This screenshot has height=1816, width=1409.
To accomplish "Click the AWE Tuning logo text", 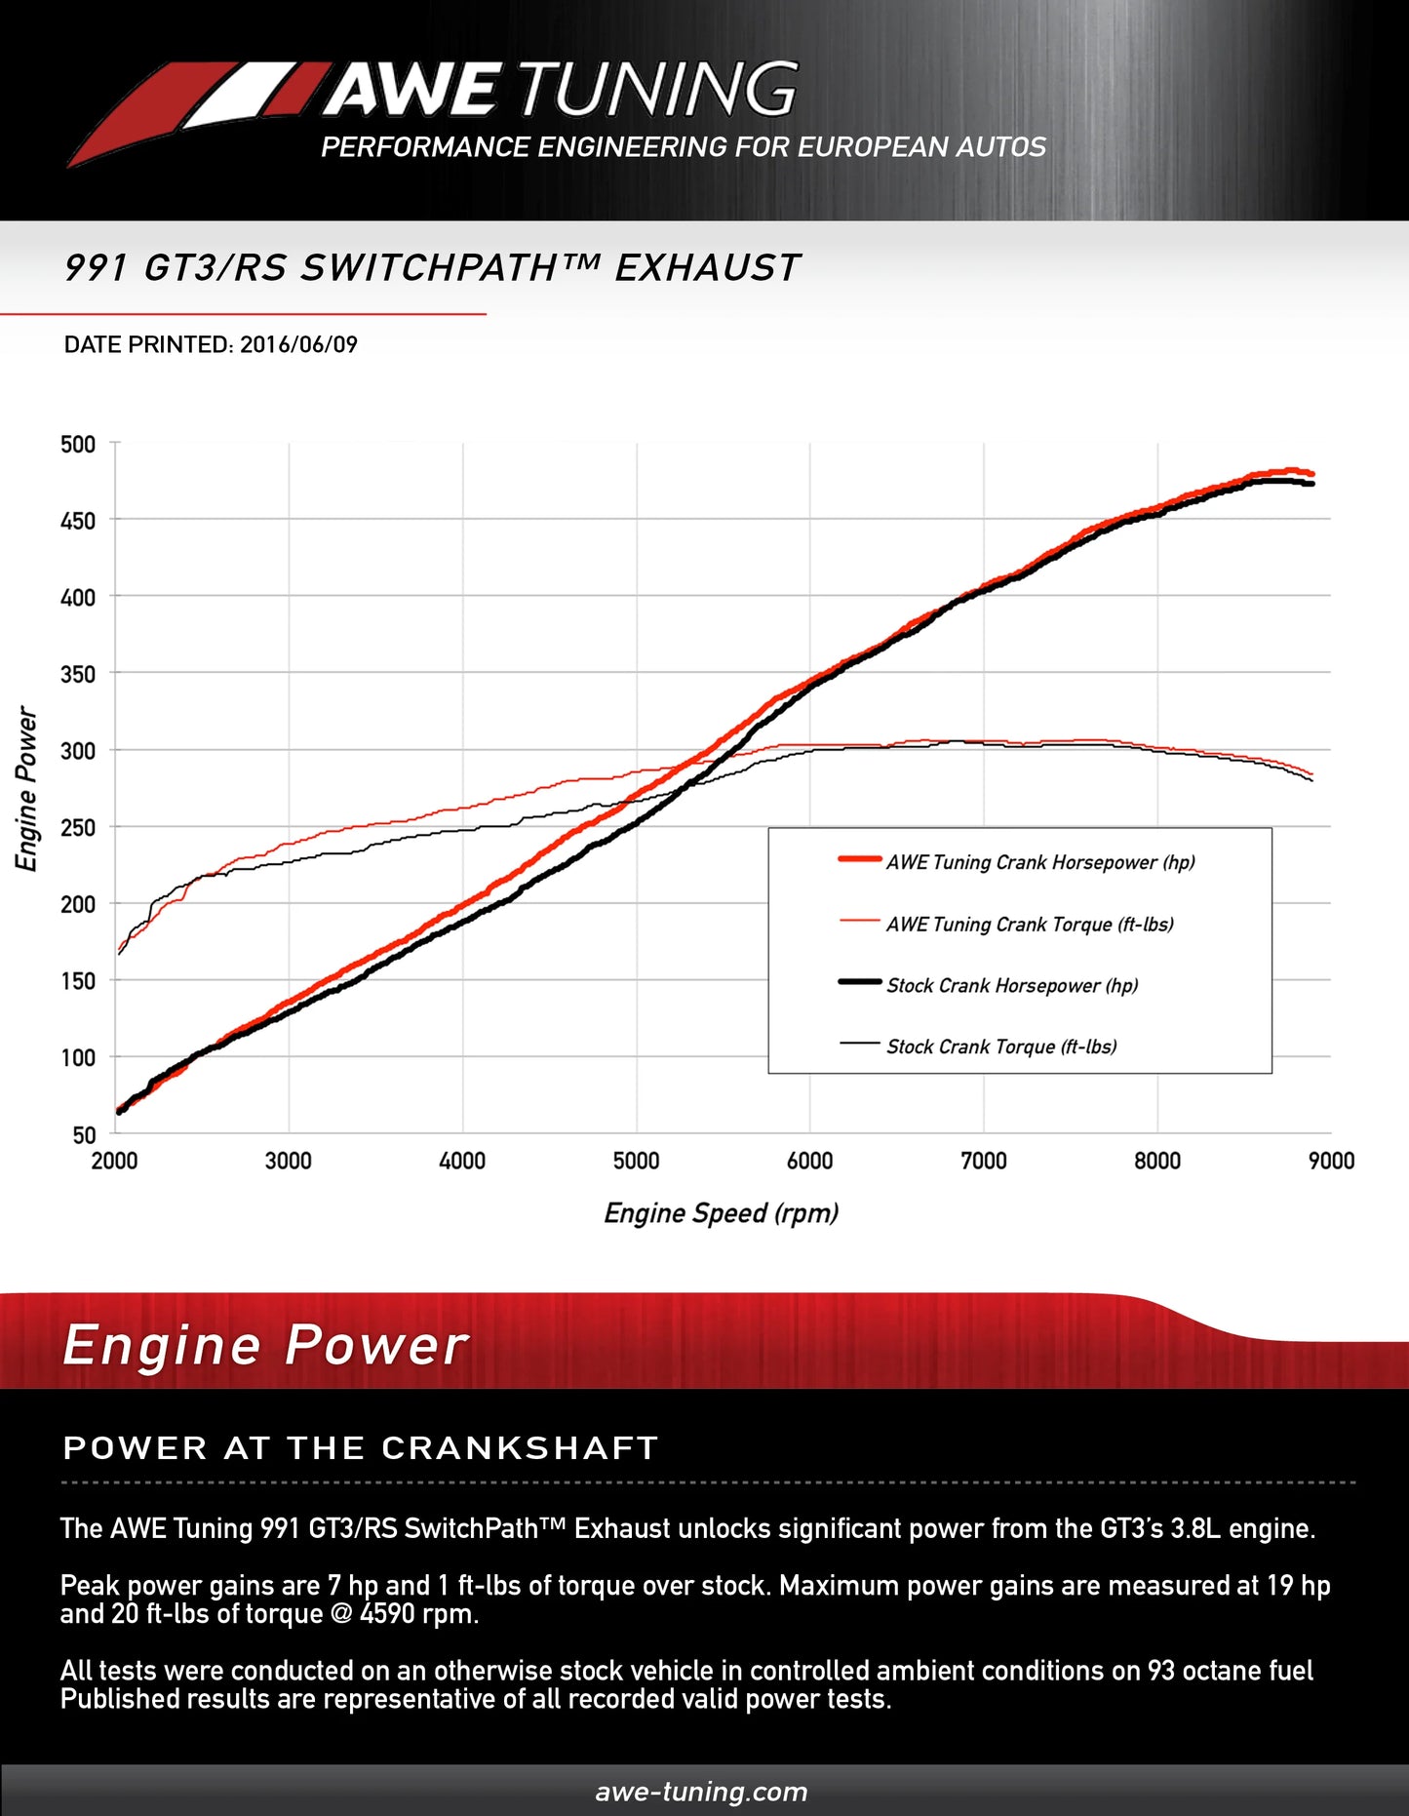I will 561,90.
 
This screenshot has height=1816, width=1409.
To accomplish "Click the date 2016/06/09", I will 298,344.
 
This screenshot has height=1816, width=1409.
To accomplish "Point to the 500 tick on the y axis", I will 78,445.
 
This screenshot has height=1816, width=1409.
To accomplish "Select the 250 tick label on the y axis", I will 78,828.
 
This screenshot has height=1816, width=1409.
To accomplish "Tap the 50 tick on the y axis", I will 84,1134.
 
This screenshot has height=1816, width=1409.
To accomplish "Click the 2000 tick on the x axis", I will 114,1161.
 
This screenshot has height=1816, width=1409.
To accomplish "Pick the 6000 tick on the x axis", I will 809,1161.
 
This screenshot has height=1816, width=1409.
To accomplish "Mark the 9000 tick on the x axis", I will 1331,1161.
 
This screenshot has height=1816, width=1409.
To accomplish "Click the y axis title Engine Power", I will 26,789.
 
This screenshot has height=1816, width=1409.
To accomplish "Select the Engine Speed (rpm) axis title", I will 721,1213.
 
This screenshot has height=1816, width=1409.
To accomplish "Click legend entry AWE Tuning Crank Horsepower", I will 1039,862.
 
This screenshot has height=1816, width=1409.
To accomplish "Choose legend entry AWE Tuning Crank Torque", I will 1029,925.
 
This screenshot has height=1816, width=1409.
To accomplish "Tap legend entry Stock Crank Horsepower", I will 1011,986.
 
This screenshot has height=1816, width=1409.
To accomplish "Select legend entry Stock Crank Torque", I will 1000,1047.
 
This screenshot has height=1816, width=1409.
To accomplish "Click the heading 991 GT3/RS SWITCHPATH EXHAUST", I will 431,268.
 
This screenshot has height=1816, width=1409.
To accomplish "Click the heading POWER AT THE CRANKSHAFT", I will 361,1448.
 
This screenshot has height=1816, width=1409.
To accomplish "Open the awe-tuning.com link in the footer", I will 701,1792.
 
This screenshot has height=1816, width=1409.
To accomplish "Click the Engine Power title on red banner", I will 265,1346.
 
